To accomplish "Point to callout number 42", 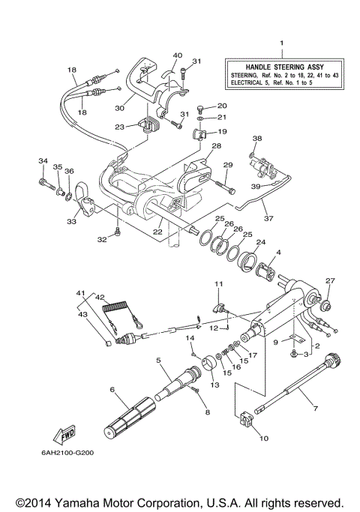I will (x=100, y=297).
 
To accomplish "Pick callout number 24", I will (x=262, y=242).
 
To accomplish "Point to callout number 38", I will (x=256, y=139).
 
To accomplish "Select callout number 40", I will (x=178, y=55).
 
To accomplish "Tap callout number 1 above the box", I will (x=281, y=44).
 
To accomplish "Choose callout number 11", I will (x=219, y=283).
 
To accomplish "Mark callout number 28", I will (x=216, y=146).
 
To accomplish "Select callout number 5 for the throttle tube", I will (x=158, y=361).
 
